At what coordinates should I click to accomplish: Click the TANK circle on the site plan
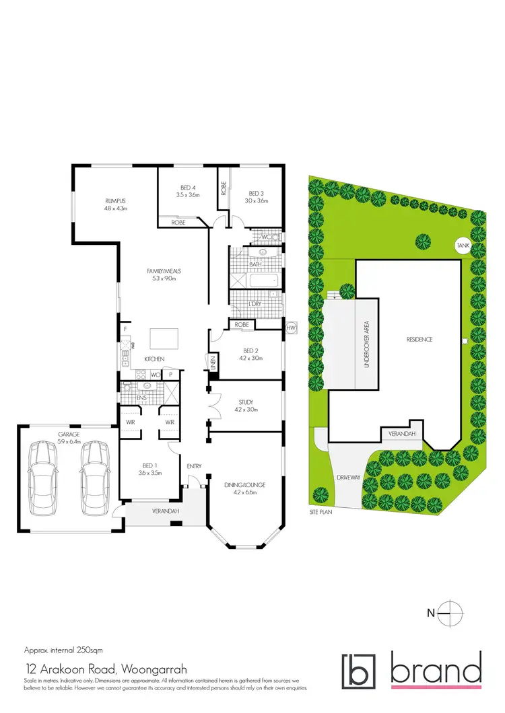[x=463, y=246]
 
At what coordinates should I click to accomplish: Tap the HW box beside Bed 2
[x=291, y=328]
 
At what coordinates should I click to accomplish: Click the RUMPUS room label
[x=116, y=200]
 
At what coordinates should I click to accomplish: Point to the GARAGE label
[x=69, y=435]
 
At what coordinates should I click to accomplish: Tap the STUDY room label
[x=245, y=403]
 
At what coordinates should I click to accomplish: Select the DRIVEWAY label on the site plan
[x=345, y=478]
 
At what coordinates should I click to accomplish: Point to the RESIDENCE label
[x=418, y=340]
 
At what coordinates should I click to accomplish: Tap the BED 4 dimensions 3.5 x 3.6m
[x=189, y=194]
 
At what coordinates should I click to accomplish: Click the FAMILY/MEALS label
[x=164, y=271]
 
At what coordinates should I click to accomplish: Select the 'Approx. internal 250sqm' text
[x=63, y=650]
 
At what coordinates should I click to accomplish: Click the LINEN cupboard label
[x=211, y=362]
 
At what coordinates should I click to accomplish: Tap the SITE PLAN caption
[x=321, y=511]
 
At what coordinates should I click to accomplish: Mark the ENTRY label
[x=194, y=466]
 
